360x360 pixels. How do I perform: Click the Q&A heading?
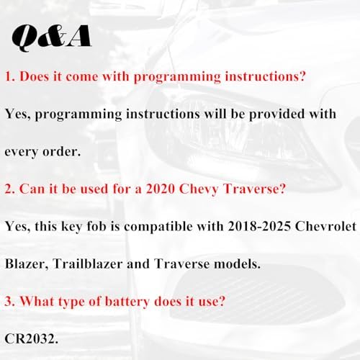pos(52,37)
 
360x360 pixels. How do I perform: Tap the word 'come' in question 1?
pos(82,76)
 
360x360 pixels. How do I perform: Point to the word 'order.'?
pos(62,151)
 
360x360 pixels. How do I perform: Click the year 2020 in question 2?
pos(161,189)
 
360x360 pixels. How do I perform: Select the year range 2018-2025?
pos(259,226)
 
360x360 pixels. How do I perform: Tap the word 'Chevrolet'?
pos(325,226)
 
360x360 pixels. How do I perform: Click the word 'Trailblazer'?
pos(88,264)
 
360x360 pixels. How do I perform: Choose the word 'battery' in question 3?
pos(127,302)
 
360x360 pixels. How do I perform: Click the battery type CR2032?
pos(31,338)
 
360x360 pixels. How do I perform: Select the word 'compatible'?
pos(158,227)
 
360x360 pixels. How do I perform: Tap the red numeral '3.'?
pos(10,302)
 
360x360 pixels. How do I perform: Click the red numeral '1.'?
pos(10,76)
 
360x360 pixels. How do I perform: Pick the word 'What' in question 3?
pos(37,301)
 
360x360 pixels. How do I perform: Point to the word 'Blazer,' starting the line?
pos(27,264)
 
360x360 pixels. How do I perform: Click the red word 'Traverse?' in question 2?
pos(254,189)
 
